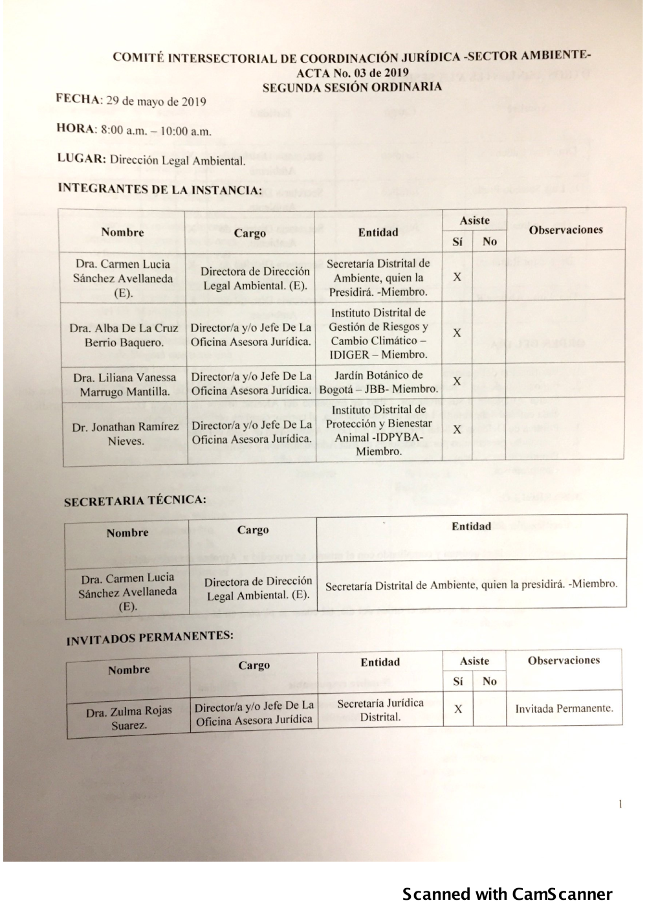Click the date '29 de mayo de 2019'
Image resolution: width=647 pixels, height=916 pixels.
[156, 102]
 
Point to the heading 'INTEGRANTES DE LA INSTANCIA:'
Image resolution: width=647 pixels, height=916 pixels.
[160, 190]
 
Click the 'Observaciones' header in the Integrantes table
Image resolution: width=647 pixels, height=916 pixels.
[565, 230]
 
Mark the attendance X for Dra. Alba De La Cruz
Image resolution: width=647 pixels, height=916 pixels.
[457, 333]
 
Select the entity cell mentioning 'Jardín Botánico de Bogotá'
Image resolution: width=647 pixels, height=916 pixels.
[378, 382]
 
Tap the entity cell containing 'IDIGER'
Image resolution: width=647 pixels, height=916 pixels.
[378, 333]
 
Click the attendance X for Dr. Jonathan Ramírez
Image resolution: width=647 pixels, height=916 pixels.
[457, 429]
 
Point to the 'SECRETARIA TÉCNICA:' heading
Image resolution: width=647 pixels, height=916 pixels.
[135, 500]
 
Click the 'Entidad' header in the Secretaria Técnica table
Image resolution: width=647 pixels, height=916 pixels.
[471, 526]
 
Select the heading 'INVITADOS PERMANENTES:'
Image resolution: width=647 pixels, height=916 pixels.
[149, 638]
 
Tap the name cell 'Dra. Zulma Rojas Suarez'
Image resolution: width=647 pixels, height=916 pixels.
[129, 717]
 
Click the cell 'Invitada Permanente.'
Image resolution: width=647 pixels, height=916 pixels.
[564, 708]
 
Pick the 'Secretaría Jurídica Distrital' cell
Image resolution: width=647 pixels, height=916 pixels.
[380, 710]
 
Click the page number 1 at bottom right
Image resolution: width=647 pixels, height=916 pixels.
[620, 805]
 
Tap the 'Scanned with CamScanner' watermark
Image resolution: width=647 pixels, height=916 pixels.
[507, 894]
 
